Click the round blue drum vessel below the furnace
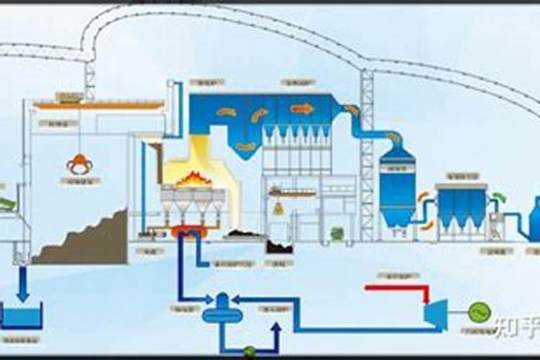(221, 312)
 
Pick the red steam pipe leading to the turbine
(396, 288)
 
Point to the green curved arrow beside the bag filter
(499, 196)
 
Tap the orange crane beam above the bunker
(97, 106)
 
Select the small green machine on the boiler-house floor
(336, 233)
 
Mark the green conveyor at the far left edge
(7, 204)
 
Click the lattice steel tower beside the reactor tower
(367, 155)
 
